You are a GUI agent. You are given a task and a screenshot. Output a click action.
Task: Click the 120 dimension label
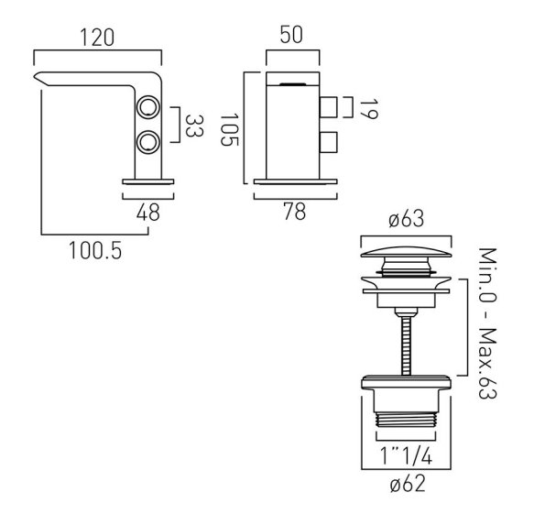click(97, 38)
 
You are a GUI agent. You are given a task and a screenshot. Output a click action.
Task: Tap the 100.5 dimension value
click(95, 250)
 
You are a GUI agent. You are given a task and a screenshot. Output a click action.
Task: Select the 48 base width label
click(147, 213)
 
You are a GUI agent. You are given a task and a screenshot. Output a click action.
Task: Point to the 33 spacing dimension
click(194, 126)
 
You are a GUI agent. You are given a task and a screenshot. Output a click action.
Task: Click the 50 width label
click(291, 35)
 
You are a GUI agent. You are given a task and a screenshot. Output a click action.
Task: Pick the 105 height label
click(229, 129)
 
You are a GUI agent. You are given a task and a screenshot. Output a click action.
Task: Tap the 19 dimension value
click(368, 109)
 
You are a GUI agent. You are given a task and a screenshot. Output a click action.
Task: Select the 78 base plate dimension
click(294, 212)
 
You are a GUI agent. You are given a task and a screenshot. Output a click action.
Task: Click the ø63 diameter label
click(407, 218)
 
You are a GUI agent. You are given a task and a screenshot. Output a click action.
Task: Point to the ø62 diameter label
click(408, 484)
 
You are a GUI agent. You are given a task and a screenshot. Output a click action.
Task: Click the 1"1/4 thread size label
click(407, 456)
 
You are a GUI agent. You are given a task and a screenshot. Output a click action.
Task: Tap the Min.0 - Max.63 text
click(487, 323)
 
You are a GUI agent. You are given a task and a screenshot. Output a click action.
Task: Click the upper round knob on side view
click(148, 107)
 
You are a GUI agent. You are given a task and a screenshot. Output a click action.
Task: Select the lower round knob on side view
click(148, 141)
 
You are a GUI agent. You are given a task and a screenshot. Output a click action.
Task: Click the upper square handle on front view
click(329, 107)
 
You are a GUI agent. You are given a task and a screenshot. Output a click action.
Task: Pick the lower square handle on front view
click(329, 142)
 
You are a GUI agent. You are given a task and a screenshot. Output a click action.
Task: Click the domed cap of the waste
click(407, 253)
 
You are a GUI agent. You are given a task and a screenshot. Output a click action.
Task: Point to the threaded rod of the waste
click(406, 345)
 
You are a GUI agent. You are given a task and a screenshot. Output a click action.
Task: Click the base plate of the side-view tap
click(148, 181)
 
